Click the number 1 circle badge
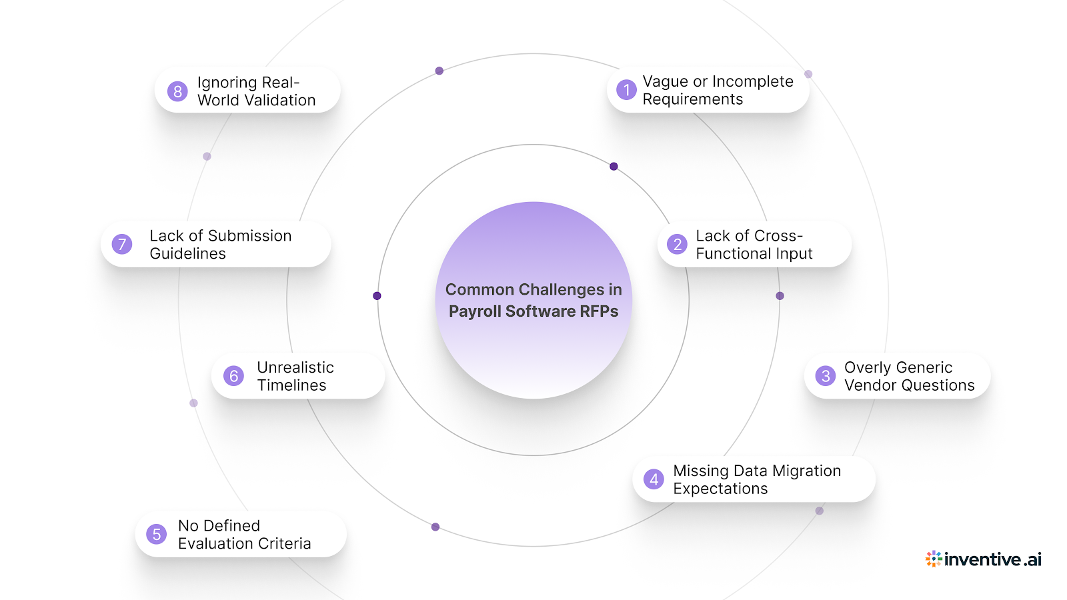[x=626, y=90]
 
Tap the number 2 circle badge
[x=677, y=244]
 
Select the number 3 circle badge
[x=826, y=376]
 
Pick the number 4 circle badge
[x=654, y=479]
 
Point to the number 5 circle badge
[x=157, y=534]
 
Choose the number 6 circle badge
[x=233, y=376]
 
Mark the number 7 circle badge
[x=122, y=244]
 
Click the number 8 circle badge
[x=177, y=91]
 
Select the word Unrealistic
[x=295, y=367]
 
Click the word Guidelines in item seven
[x=187, y=254]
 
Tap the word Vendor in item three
[x=869, y=385]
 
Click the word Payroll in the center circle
[x=475, y=311]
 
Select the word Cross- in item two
[x=777, y=236]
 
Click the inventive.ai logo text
[x=992, y=559]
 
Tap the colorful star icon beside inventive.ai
[x=934, y=559]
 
